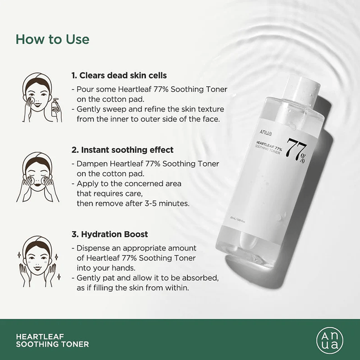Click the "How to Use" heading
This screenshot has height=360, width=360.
coord(52,39)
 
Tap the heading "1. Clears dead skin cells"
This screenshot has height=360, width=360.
coord(119,75)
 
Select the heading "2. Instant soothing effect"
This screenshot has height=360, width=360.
coord(122,150)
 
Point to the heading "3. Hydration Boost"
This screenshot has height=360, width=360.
coord(109,234)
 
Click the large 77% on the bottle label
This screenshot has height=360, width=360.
coord(296,149)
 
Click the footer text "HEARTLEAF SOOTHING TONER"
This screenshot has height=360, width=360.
coord(52,340)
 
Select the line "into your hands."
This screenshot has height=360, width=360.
coord(106,268)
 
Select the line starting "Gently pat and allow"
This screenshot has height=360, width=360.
coord(145,278)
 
